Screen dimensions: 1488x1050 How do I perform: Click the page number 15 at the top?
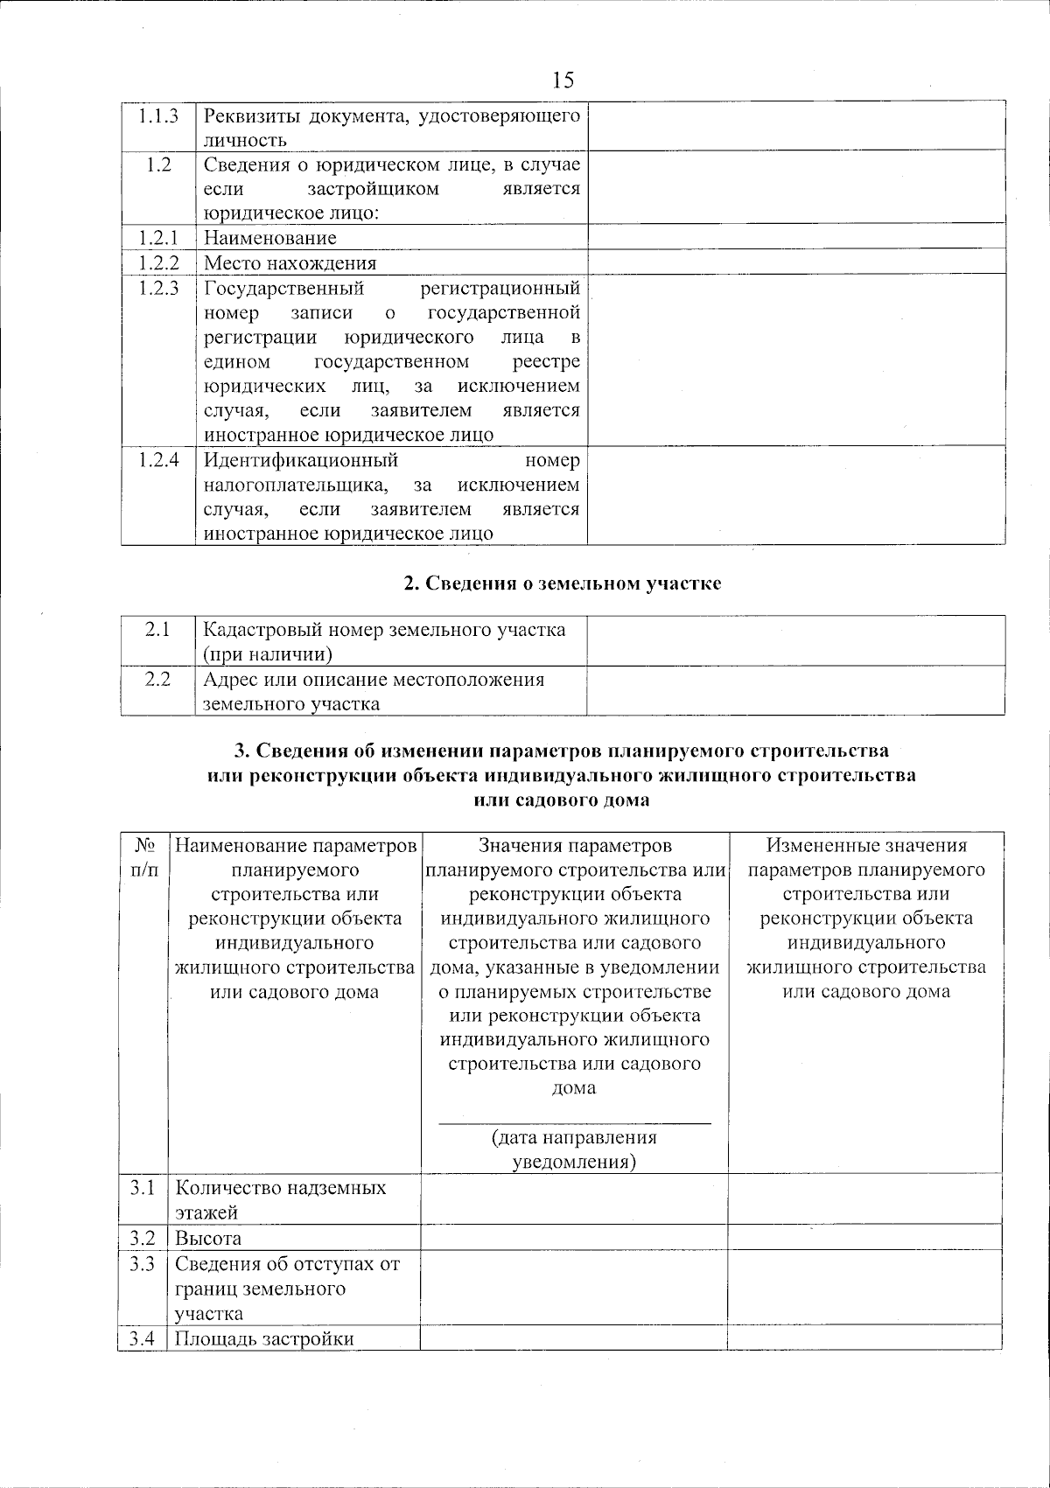coord(563,80)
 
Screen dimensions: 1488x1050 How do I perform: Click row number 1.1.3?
coord(158,115)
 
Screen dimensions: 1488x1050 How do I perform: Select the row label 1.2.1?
coord(158,237)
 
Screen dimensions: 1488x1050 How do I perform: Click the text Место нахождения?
coord(290,263)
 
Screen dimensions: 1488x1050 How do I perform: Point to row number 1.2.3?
coord(158,288)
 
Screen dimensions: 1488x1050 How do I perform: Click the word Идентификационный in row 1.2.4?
coord(301,460)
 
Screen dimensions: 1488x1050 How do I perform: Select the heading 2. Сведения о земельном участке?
coord(563,583)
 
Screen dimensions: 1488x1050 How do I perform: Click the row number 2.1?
coord(157,629)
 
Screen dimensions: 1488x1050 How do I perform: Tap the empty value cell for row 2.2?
coord(794,691)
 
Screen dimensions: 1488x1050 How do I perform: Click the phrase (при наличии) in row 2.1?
coord(268,653)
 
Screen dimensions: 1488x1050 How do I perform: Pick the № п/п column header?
coord(145,858)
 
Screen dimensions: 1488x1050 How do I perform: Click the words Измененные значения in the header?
coord(866,845)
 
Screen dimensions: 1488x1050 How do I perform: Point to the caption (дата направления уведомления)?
coord(574,1149)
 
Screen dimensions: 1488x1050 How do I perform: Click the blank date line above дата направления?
coord(574,1121)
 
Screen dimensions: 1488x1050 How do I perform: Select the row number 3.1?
coord(143,1187)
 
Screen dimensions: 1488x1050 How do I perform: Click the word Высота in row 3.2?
coord(208,1238)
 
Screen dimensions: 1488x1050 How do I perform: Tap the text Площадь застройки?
coord(264,1338)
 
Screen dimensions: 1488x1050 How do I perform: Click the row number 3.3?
coord(143,1263)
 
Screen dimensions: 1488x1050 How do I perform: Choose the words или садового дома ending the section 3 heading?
coord(562,800)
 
